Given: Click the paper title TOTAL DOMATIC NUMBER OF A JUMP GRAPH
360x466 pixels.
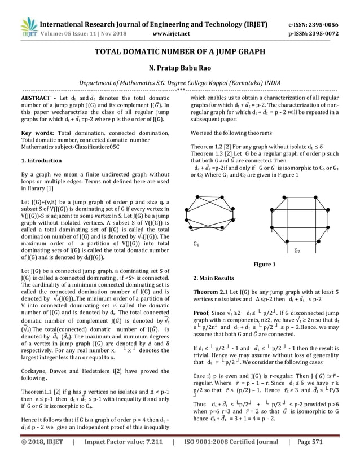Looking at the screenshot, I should (179, 52).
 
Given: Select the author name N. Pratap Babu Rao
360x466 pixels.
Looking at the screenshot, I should (179, 68).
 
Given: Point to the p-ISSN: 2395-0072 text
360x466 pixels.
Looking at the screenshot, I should (314, 33).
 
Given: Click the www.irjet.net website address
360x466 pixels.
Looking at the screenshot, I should (172, 33).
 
